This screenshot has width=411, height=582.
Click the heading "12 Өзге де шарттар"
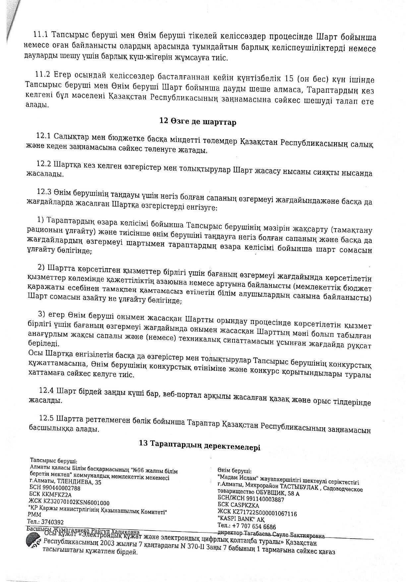[198, 122]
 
